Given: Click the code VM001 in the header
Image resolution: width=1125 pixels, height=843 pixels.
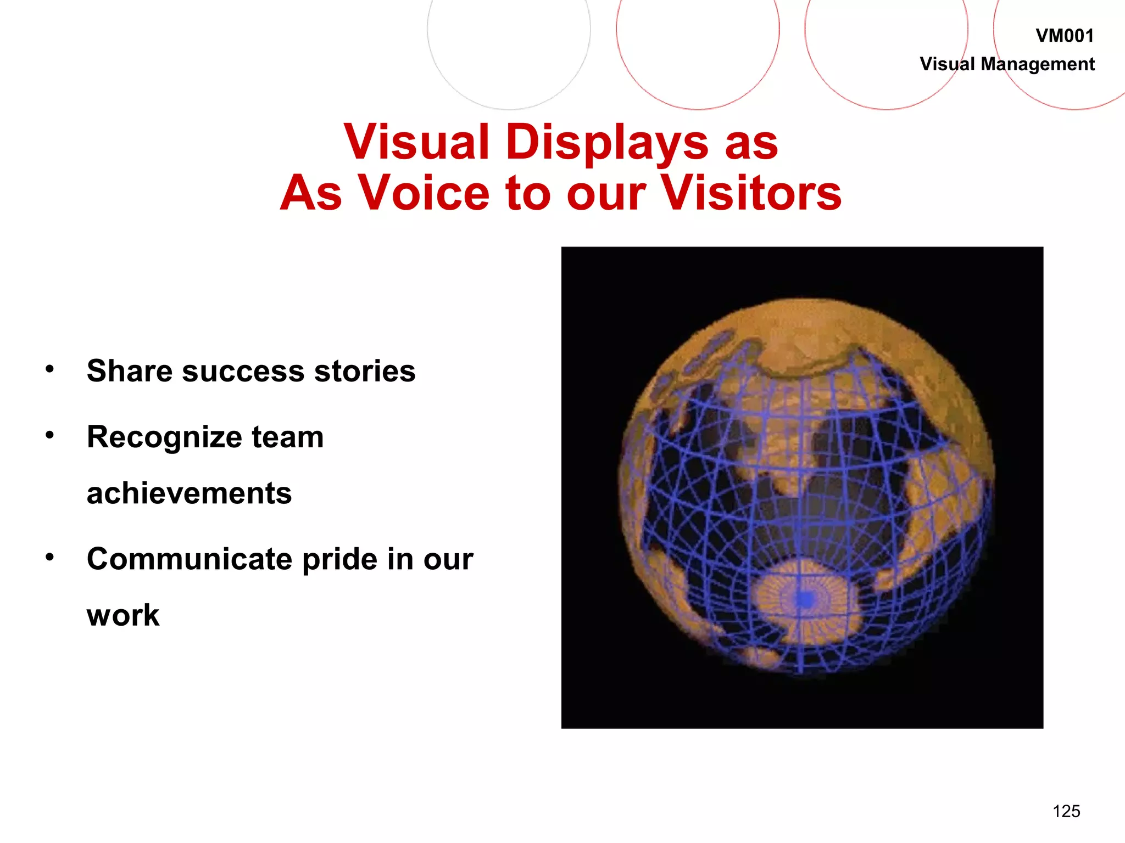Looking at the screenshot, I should (x=1064, y=36).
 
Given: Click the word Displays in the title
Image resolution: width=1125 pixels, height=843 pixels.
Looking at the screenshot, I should (x=607, y=142).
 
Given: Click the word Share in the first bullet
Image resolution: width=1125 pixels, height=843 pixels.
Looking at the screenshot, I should (x=130, y=371).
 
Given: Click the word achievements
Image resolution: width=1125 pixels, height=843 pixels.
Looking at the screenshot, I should (x=189, y=493).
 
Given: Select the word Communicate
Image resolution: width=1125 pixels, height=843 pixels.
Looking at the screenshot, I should (x=190, y=559).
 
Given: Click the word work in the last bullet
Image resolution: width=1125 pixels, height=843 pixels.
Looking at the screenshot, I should (x=123, y=615).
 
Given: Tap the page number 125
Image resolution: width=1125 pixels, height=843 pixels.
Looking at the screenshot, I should (x=1066, y=811).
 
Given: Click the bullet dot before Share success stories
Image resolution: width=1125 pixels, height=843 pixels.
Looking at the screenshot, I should (x=50, y=369).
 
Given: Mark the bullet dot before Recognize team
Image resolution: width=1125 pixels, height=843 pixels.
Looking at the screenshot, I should (x=50, y=435).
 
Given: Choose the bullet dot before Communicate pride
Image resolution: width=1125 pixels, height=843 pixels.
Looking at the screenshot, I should (x=50, y=557).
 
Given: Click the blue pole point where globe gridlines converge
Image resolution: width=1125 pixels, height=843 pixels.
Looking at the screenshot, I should (x=805, y=599).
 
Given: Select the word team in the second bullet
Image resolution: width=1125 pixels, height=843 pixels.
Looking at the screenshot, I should (x=287, y=437).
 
